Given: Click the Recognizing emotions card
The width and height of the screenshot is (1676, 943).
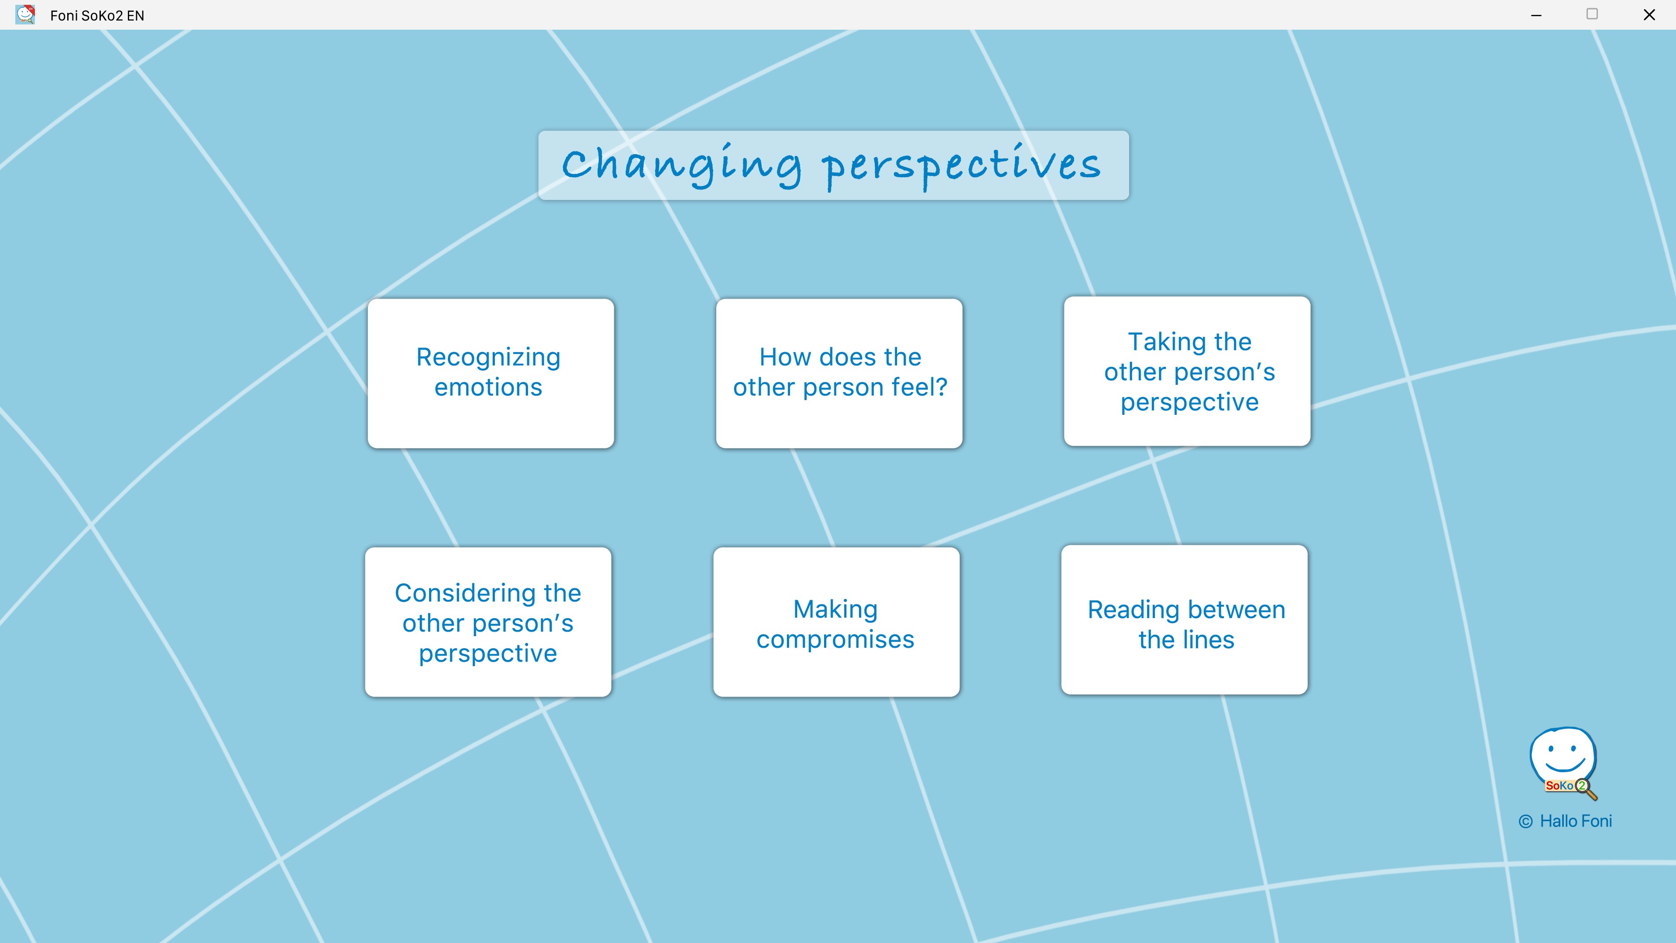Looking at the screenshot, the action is coord(491,373).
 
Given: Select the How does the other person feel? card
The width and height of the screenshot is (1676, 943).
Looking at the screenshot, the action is coord(838,373).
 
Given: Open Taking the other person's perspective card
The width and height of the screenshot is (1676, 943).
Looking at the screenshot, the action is coord(1187,371).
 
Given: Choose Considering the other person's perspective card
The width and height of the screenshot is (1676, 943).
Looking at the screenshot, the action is coord(488,622).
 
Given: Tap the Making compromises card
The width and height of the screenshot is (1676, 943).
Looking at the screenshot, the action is coord(836,622).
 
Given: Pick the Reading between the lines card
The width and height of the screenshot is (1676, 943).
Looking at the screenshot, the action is coord(1184,619).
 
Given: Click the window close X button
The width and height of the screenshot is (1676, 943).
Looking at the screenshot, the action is coord(1649,14).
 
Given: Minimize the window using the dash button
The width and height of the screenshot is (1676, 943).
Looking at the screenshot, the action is coord(1536,15).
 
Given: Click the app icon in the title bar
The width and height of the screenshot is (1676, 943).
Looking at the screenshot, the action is coord(25,14).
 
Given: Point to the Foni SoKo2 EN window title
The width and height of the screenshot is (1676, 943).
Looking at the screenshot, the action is coord(97,16).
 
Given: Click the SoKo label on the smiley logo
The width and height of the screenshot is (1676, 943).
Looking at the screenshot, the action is coord(1559,785).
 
